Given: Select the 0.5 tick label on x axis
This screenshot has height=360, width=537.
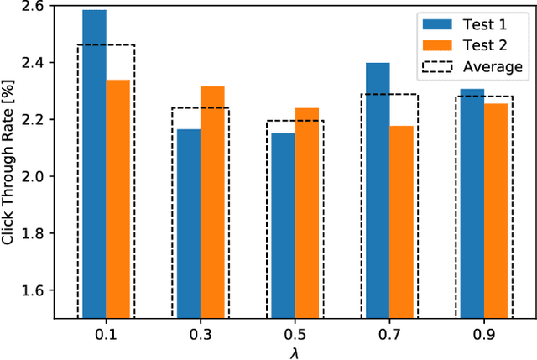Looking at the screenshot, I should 295,334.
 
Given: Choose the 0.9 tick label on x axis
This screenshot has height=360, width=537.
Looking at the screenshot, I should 484,334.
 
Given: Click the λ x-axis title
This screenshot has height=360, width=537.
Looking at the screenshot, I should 295,352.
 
